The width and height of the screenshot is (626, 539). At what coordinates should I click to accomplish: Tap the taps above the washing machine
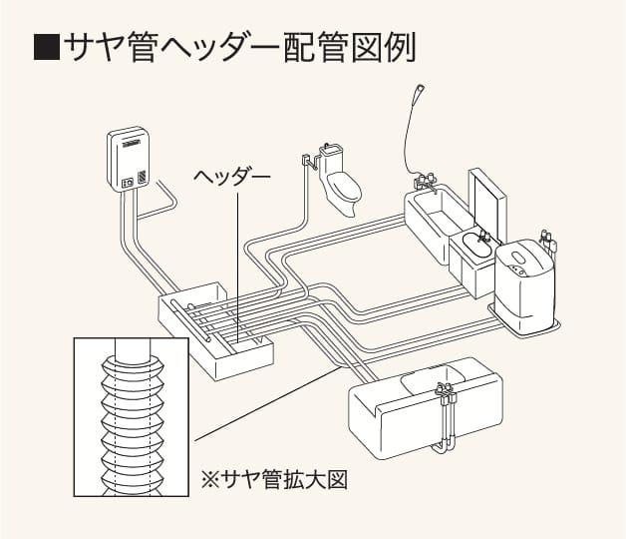(545, 239)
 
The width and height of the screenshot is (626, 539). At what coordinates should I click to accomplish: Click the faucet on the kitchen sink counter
(445, 391)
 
